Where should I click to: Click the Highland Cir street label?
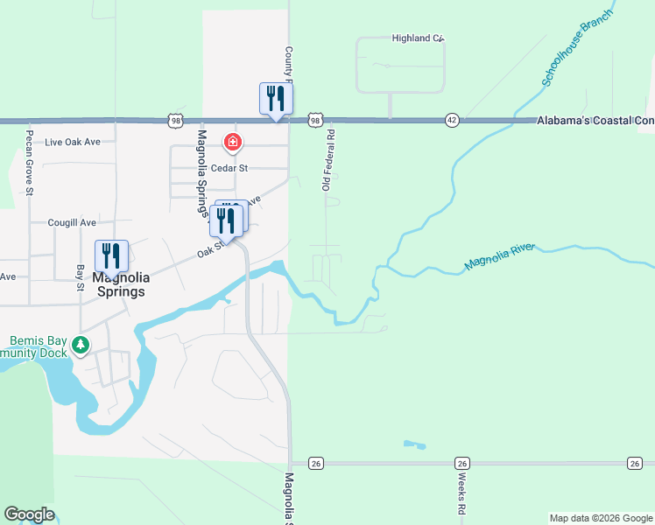419,38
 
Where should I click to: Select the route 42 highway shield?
452,120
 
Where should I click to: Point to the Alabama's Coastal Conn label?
595,120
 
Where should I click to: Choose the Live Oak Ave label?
74,142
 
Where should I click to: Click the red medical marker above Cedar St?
232,142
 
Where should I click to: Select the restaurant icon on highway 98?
276,97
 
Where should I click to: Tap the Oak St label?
207,253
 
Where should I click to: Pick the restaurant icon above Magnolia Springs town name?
111,255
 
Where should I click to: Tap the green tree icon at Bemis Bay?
81,345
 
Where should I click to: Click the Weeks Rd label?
461,494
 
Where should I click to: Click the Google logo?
29,514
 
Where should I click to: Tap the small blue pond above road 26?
414,445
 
